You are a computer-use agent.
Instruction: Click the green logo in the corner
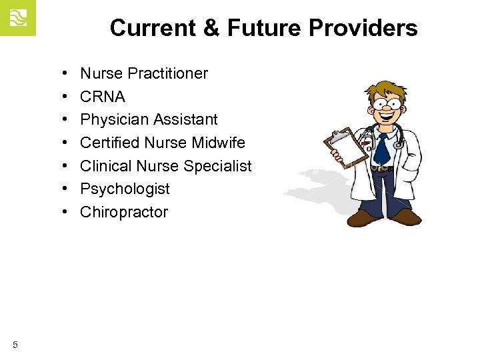[x=17, y=18]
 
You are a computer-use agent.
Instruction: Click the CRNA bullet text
[x=103, y=97]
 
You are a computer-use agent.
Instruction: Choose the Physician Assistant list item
[x=149, y=119]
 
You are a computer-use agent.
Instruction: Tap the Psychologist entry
[x=125, y=189]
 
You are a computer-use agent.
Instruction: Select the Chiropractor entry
[x=124, y=212]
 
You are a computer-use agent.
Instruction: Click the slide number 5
[x=15, y=345]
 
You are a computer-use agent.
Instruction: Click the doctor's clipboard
[x=345, y=147]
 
